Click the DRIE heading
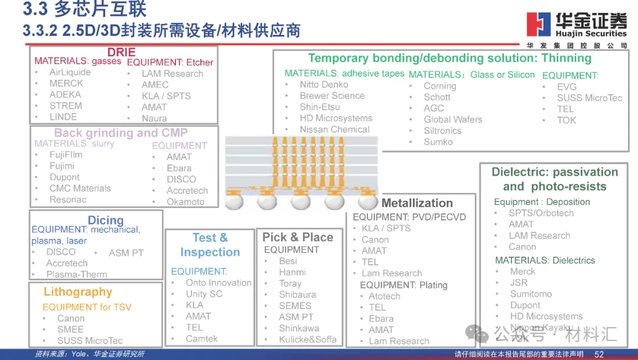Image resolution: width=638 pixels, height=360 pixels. pyautogui.click(x=121, y=53)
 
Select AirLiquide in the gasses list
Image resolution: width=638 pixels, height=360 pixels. pyautogui.click(x=70, y=72)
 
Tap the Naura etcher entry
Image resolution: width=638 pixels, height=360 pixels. pyautogui.click(x=154, y=118)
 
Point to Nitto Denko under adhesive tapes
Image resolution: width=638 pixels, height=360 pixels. pyautogui.click(x=324, y=85)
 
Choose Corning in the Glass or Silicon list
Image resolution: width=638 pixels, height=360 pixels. pyautogui.click(x=440, y=86)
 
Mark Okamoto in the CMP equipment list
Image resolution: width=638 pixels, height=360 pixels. pyautogui.click(x=185, y=202)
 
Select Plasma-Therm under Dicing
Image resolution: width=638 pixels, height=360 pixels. pyautogui.click(x=77, y=274)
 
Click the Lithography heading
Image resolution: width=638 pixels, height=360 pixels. pyautogui.click(x=77, y=292)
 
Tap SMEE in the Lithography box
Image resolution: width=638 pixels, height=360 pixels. pyautogui.click(x=70, y=329)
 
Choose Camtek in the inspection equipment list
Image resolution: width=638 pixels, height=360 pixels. pyautogui.click(x=201, y=339)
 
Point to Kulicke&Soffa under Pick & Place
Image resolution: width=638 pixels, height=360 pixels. pyautogui.click(x=308, y=339)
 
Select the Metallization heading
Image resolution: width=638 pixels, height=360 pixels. pyautogui.click(x=417, y=203)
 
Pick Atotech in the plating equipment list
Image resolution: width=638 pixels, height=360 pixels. pyautogui.click(x=384, y=296)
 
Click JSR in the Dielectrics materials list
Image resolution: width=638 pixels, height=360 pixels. pyautogui.click(x=519, y=283)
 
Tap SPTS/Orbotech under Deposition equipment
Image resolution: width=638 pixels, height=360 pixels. pyautogui.click(x=541, y=213)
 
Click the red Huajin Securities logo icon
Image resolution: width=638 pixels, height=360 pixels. pyautogui.click(x=538, y=24)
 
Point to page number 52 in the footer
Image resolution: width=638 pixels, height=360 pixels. pyautogui.click(x=598, y=353)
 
